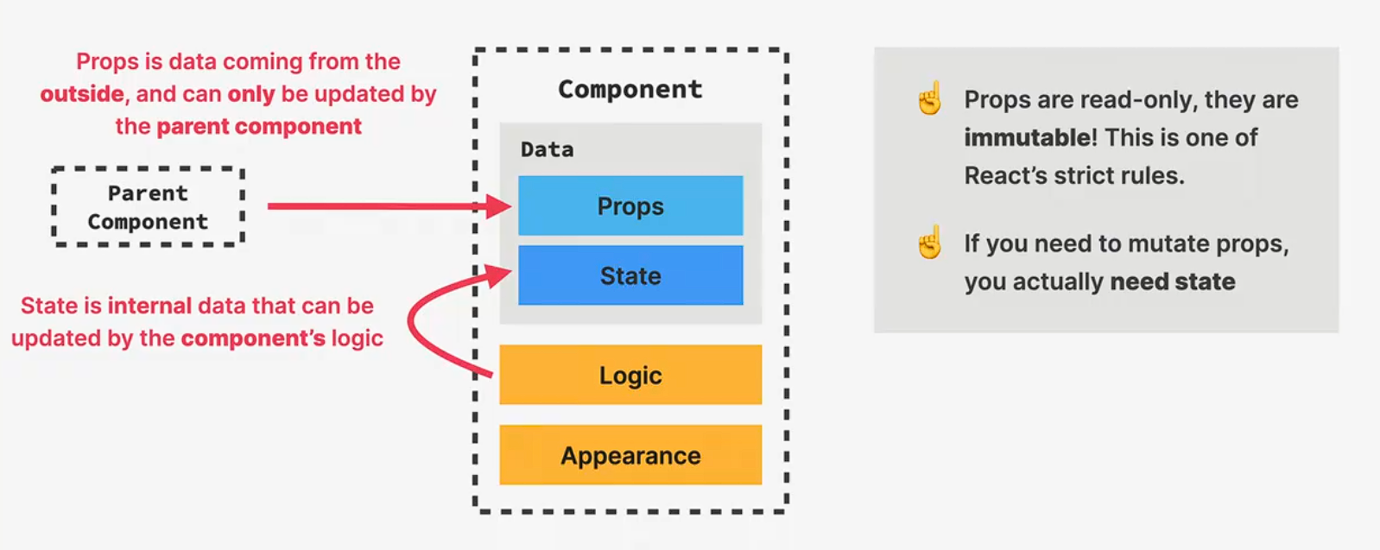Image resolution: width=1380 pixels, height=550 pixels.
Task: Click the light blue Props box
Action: pos(630,205)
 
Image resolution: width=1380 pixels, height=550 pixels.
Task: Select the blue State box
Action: pos(630,275)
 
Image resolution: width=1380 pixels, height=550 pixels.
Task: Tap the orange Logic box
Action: pos(630,375)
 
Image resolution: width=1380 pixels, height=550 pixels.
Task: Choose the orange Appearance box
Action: pos(630,455)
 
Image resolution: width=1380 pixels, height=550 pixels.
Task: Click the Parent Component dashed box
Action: pos(148,207)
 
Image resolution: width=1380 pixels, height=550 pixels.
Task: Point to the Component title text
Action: pos(630,89)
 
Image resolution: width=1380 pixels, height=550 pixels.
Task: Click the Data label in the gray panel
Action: pos(547,149)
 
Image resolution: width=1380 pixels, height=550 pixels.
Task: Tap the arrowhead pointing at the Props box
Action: pos(499,206)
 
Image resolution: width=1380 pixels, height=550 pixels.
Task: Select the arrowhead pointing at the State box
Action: pos(499,275)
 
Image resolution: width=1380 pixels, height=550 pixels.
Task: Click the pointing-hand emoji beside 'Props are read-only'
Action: pos(930,98)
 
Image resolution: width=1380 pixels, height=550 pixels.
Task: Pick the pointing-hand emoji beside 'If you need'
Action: pos(930,243)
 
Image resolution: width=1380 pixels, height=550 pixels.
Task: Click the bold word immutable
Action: pos(1028,137)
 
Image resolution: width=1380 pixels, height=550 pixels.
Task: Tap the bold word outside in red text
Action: pos(82,93)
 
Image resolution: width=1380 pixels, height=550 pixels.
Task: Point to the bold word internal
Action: pos(149,306)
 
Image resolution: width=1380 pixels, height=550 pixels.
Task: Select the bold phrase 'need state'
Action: pos(1172,281)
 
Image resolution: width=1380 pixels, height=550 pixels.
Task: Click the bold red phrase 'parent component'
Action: pos(259,126)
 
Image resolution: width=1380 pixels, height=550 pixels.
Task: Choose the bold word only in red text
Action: pos(250,93)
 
